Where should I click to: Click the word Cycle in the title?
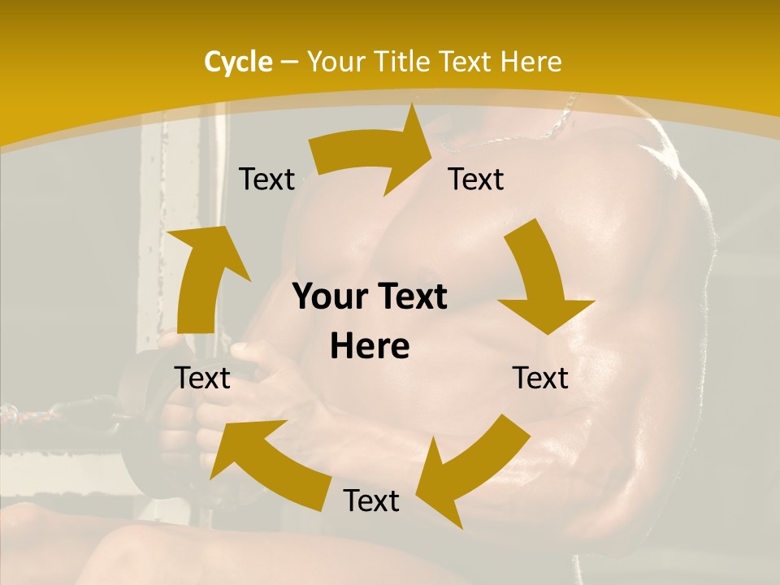(x=238, y=62)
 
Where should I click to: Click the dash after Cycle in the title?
(x=289, y=62)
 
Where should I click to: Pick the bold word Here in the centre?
(x=370, y=346)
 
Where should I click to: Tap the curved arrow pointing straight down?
(x=540, y=284)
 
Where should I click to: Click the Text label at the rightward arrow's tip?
(x=476, y=180)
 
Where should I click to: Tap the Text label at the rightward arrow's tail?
(x=266, y=180)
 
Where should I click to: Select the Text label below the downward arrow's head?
(x=540, y=378)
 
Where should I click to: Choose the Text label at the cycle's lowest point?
(x=371, y=500)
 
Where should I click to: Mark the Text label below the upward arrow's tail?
(x=202, y=378)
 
